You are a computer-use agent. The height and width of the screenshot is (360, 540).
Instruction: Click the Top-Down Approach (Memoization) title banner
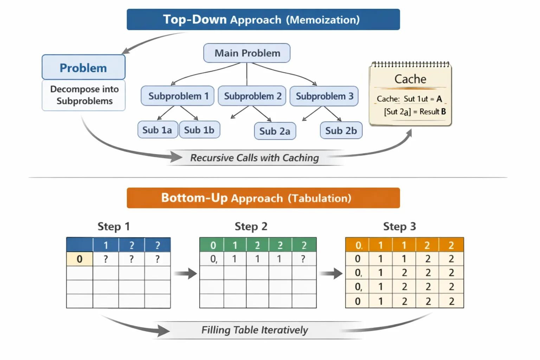(263, 20)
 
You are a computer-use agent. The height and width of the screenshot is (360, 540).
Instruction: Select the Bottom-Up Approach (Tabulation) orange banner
(263, 198)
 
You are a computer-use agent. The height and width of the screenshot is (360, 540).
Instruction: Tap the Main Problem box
(247, 53)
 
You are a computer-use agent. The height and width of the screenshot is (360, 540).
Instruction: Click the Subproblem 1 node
(178, 96)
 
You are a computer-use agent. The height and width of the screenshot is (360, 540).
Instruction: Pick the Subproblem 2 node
(252, 96)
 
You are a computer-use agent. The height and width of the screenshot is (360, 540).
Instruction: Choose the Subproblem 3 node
(324, 96)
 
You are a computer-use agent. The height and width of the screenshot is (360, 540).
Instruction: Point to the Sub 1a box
(158, 130)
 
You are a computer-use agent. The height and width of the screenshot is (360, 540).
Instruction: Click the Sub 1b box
(200, 130)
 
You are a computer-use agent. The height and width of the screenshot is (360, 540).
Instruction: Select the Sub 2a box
(275, 131)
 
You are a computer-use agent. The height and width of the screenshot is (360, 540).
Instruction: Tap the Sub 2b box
(341, 130)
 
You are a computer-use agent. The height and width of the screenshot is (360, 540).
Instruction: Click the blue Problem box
(84, 67)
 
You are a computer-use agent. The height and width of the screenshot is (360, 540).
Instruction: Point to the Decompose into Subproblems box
(84, 95)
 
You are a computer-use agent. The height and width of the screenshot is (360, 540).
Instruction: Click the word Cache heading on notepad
(410, 79)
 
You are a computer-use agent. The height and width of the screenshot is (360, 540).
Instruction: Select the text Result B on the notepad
(433, 112)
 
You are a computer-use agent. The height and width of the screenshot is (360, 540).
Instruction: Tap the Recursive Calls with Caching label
(255, 158)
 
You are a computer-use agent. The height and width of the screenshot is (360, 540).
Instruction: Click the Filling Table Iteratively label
(255, 330)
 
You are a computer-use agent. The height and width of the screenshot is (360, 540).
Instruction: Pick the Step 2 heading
(251, 226)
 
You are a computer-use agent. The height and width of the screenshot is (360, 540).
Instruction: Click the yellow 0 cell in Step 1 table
(79, 259)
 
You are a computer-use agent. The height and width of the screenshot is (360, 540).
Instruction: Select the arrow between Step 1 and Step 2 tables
(185, 274)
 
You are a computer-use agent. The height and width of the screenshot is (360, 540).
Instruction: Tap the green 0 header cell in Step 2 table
(212, 245)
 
